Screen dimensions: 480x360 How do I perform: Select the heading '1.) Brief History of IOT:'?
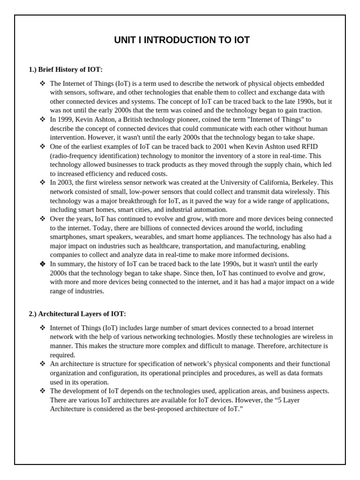coord(66,69)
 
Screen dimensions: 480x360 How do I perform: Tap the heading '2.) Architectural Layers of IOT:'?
coord(77,314)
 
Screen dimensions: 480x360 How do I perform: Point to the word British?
coord(132,120)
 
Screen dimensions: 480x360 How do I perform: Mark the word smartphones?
coord(68,237)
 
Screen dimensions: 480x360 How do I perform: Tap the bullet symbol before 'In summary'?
coord(43,264)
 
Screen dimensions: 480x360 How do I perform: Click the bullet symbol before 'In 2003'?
coord(43,182)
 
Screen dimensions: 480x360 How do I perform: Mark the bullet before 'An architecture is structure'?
coord(43,364)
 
